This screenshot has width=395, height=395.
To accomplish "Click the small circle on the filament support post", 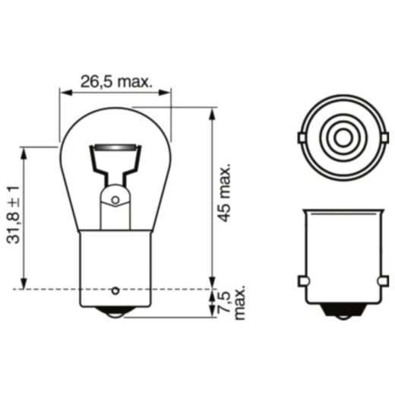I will click(x=115, y=201).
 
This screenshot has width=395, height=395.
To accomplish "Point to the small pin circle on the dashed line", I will click(x=115, y=289).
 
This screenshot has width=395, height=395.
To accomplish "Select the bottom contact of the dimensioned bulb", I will click(x=115, y=311).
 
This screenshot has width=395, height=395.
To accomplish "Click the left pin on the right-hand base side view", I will click(x=302, y=282).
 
